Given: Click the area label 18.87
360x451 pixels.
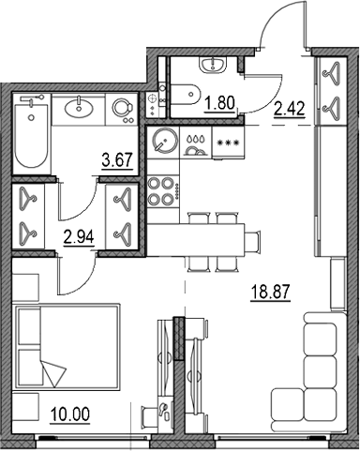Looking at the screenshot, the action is point(271,293).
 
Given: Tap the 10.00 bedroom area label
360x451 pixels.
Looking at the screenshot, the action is point(70,414).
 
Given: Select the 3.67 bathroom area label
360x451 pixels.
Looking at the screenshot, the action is point(117,160).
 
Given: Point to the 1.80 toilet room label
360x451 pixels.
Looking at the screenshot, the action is point(219,103).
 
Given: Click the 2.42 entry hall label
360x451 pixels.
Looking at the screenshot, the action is point(289,109).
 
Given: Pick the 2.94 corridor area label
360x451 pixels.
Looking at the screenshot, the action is point(79,237).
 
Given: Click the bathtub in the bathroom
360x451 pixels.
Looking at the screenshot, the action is point(31,133).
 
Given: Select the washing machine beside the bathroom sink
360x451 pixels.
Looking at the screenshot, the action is point(121,109).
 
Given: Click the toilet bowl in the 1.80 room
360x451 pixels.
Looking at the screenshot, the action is point(186,94).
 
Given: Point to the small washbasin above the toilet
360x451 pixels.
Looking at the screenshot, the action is point(213,66).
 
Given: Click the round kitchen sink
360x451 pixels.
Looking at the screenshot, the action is point(163,142).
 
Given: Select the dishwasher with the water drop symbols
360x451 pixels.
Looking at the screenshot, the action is point(196,143).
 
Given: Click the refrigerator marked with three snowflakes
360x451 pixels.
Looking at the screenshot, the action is point(228,143).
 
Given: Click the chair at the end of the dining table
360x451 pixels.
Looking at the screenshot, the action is point(252,241).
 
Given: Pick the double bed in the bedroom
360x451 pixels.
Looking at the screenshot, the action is point(67,346).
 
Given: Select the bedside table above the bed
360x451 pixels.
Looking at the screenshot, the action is point(25,288).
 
